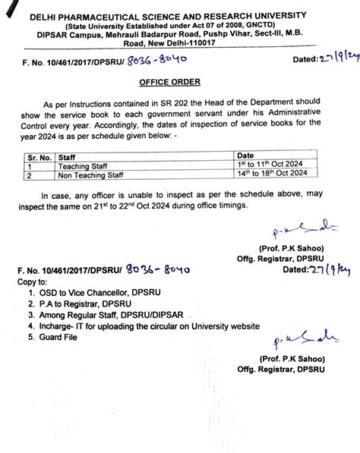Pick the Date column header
248,155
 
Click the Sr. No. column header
36,155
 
